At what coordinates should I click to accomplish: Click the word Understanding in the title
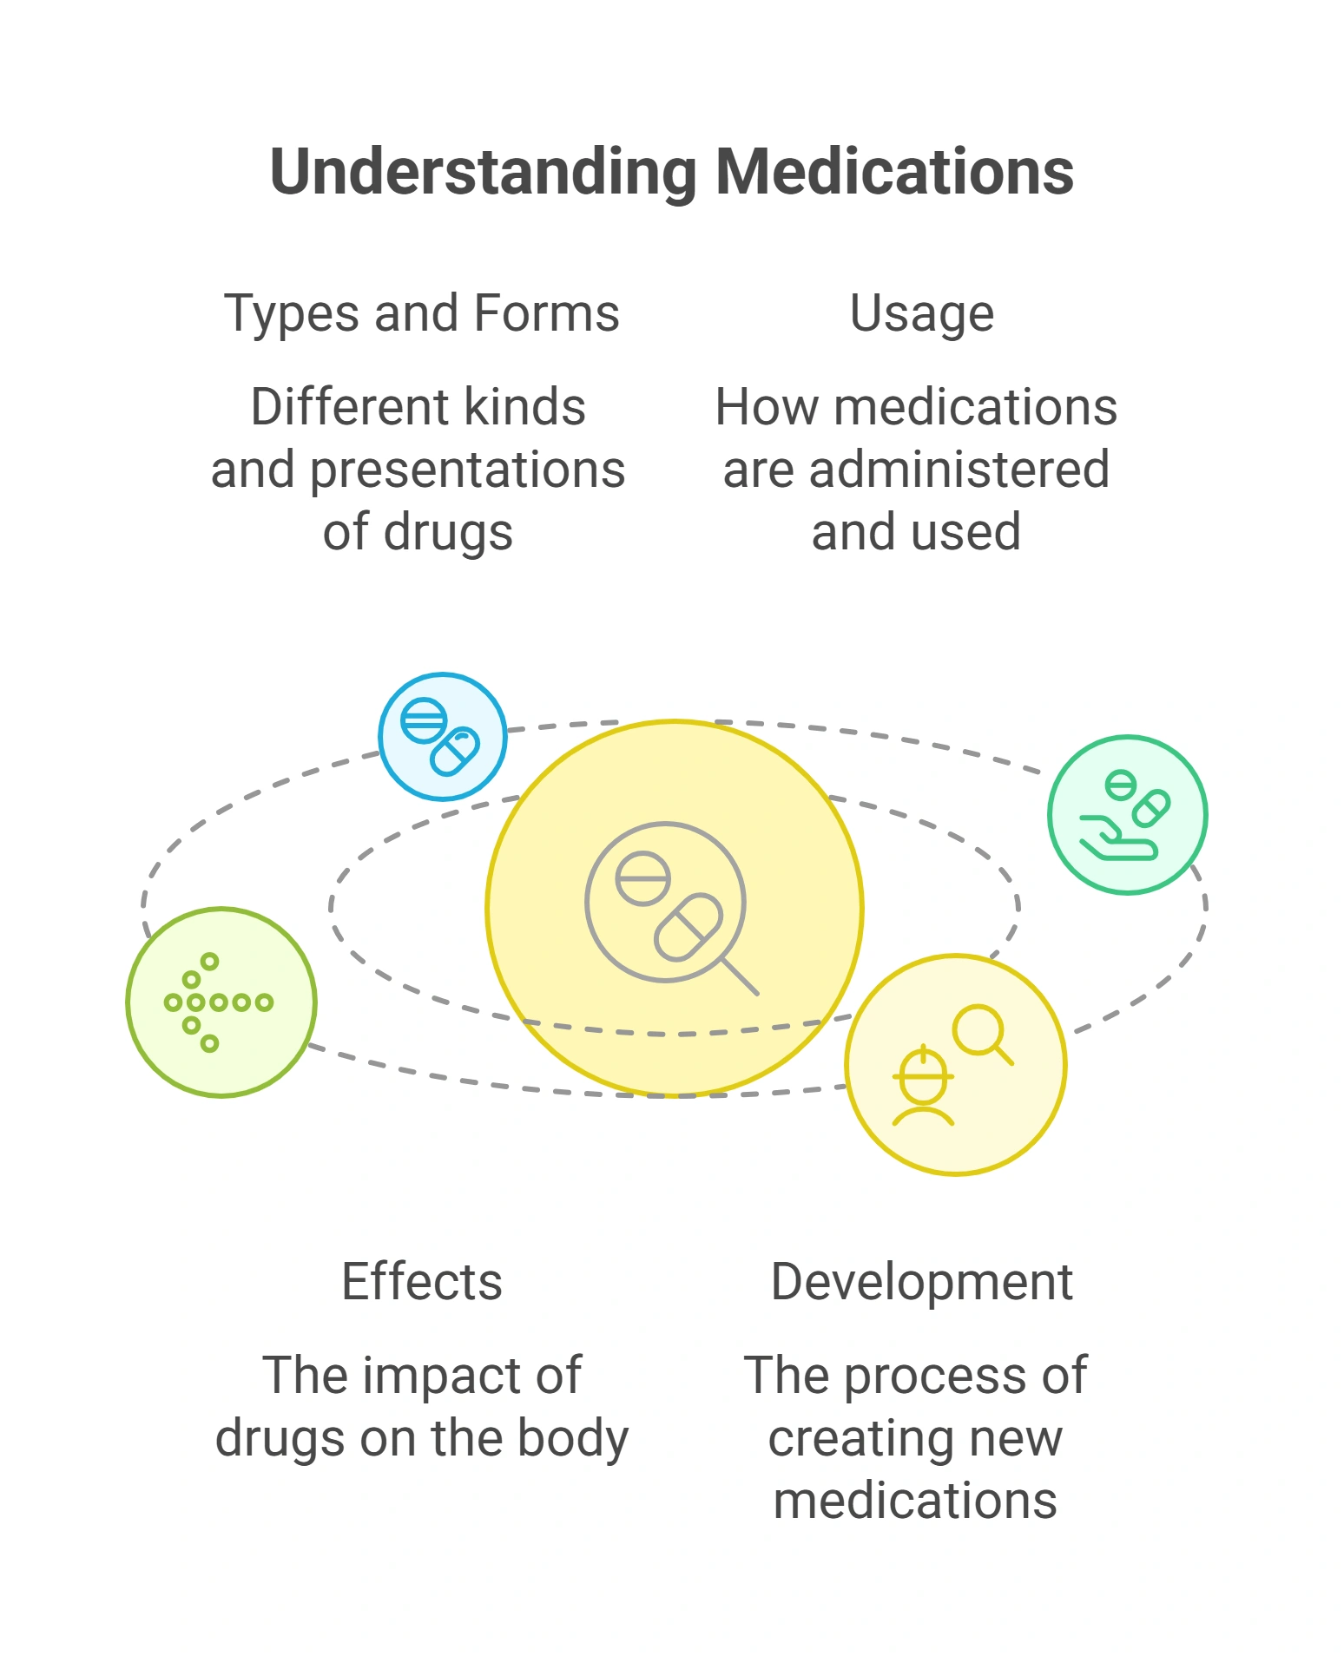click(484, 172)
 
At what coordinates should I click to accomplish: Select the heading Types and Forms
click(422, 313)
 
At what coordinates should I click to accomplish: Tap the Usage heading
click(922, 314)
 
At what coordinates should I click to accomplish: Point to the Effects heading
click(422, 1281)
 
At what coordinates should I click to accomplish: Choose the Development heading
click(922, 1283)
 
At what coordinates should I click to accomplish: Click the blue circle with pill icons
click(443, 736)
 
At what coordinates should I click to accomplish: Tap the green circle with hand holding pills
click(1128, 814)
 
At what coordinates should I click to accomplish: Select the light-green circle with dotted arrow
click(221, 1002)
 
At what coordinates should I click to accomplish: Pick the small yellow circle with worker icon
click(956, 1065)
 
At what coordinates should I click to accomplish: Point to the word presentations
click(468, 470)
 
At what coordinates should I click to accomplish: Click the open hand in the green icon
click(1118, 838)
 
